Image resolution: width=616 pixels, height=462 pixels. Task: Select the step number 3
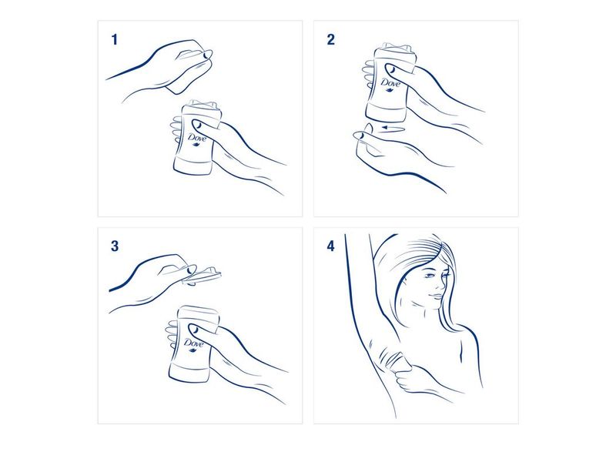pyautogui.click(x=115, y=246)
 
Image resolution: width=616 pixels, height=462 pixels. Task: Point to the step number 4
pyautogui.click(x=331, y=247)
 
